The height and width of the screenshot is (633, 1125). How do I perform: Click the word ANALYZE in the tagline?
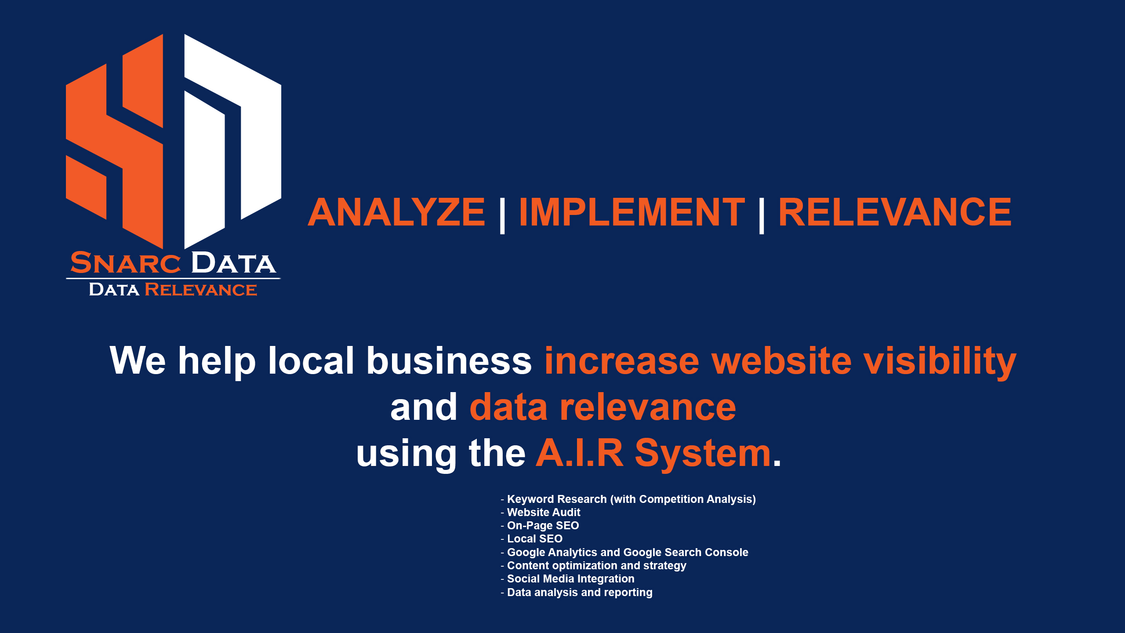[x=396, y=212]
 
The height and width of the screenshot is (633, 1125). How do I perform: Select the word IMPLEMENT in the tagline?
[x=632, y=212]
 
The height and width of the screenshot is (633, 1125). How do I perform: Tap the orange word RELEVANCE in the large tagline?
[x=895, y=212]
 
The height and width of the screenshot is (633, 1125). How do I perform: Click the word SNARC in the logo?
[x=126, y=263]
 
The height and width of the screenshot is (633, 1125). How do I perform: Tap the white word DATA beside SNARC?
[x=234, y=263]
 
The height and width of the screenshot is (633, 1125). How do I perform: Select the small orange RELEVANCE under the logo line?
[x=201, y=290]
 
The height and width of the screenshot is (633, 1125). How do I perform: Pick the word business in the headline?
[x=449, y=360]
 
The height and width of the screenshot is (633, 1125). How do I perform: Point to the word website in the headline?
[x=781, y=360]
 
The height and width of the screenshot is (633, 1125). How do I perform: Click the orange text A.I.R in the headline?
[x=580, y=453]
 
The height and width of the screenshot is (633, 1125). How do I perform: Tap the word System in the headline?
[x=703, y=455]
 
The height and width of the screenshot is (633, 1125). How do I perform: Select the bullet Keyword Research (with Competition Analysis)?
[x=628, y=499]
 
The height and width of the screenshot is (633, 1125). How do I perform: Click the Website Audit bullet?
[x=541, y=512]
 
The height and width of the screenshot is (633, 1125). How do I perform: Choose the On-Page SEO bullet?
[x=540, y=526]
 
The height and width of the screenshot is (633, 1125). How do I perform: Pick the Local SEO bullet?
[x=532, y=539]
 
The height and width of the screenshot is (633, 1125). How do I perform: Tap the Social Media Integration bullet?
[x=568, y=579]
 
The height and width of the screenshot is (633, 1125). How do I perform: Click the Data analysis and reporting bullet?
[x=577, y=593]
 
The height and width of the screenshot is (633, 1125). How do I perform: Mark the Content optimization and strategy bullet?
[x=594, y=566]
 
